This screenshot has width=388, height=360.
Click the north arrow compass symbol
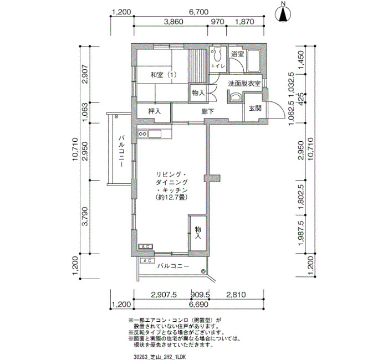[284, 14]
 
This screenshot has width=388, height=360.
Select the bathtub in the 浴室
[253, 60]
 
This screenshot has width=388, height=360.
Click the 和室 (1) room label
[164, 75]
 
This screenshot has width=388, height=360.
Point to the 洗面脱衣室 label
[244, 84]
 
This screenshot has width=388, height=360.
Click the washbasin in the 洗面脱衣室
[235, 97]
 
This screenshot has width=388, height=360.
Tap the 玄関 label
[255, 108]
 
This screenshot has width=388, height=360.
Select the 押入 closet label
[155, 111]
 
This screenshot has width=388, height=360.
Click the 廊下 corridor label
[207, 111]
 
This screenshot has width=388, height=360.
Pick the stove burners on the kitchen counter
[143, 134]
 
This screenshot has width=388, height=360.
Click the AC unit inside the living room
[146, 246]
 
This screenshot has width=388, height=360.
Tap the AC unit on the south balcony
[147, 261]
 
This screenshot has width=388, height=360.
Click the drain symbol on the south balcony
[203, 271]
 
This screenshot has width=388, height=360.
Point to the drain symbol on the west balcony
[116, 116]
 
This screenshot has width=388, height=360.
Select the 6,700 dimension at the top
[198, 12]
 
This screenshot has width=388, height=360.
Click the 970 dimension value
[217, 22]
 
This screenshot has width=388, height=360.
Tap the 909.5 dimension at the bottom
[200, 295]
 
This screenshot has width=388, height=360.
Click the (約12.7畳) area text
[171, 197]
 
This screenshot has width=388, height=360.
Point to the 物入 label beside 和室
[198, 93]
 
